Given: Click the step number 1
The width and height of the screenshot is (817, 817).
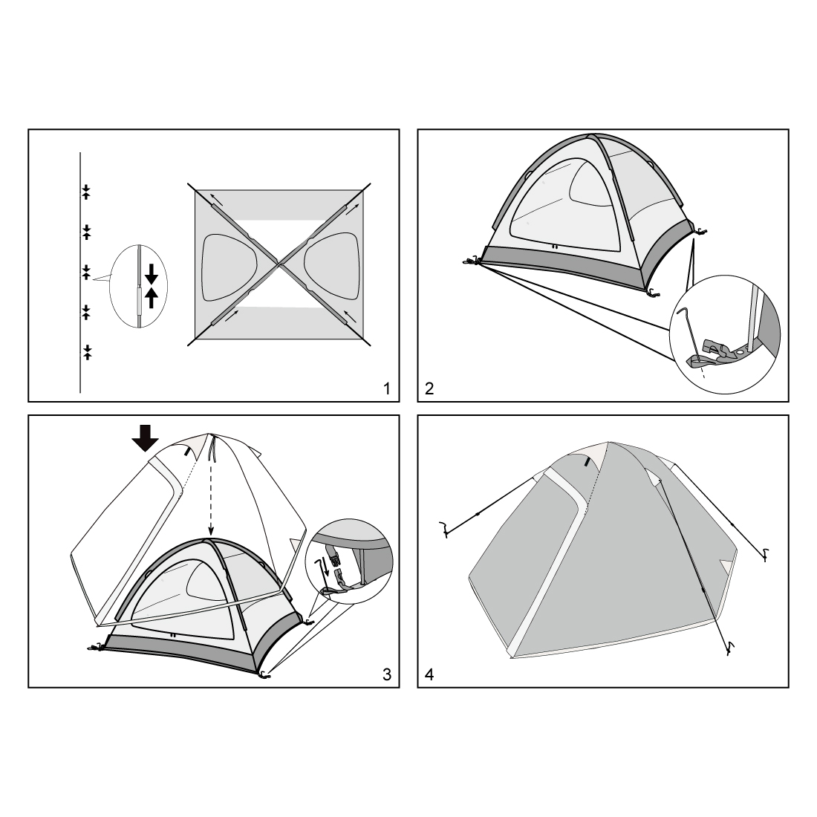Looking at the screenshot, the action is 386,388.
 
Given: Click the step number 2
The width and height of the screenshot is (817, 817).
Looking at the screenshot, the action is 429,388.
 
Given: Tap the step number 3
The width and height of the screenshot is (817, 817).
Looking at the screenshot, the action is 387,674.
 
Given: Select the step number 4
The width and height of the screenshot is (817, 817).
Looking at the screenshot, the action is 429,674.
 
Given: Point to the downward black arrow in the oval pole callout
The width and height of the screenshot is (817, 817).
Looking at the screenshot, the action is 151,273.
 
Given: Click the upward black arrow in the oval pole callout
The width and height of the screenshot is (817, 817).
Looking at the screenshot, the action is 151,298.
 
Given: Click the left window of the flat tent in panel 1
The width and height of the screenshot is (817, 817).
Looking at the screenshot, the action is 230,267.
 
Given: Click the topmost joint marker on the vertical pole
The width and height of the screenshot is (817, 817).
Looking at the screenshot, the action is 86,192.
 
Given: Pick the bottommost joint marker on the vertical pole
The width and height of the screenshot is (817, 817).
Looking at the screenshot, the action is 87,352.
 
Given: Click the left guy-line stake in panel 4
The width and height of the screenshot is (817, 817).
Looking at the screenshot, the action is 444,528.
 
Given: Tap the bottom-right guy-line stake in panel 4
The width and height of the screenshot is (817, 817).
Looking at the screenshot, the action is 732,647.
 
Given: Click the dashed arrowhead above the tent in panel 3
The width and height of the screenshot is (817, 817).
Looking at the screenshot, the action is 210,531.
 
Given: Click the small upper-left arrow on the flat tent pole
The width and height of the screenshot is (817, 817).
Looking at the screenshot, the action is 217,198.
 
